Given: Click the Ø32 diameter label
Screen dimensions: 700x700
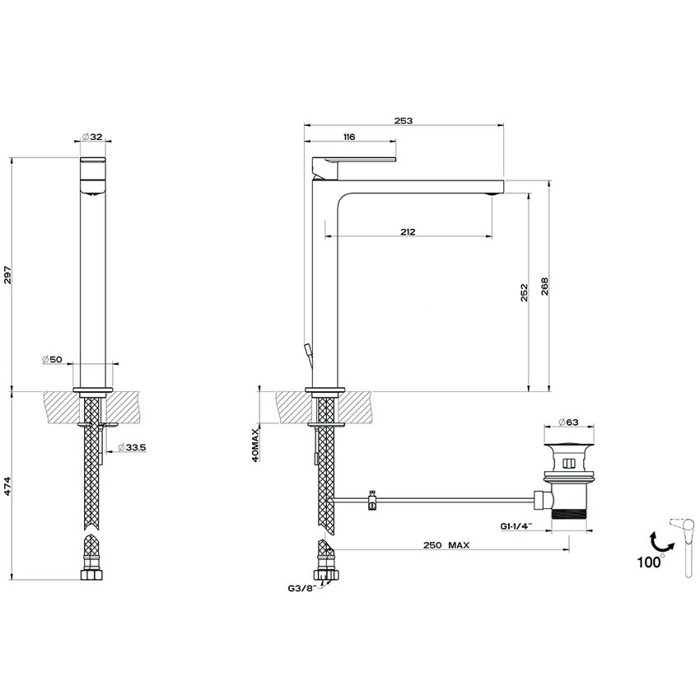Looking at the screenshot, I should (x=92, y=138).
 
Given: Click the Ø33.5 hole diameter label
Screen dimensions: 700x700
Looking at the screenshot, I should (x=132, y=446).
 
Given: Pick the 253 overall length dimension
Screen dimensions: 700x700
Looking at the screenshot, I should (x=403, y=120).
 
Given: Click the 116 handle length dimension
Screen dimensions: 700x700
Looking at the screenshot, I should (x=348, y=137).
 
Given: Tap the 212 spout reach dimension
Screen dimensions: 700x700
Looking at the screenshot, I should (x=408, y=232).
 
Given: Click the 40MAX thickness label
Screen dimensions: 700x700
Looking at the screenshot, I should (x=257, y=445).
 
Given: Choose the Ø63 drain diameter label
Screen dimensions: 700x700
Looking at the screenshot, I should (x=569, y=422).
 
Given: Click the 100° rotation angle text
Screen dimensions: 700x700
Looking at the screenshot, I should (x=649, y=562).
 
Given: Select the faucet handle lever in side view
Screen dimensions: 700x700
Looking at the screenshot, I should (x=355, y=157).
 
